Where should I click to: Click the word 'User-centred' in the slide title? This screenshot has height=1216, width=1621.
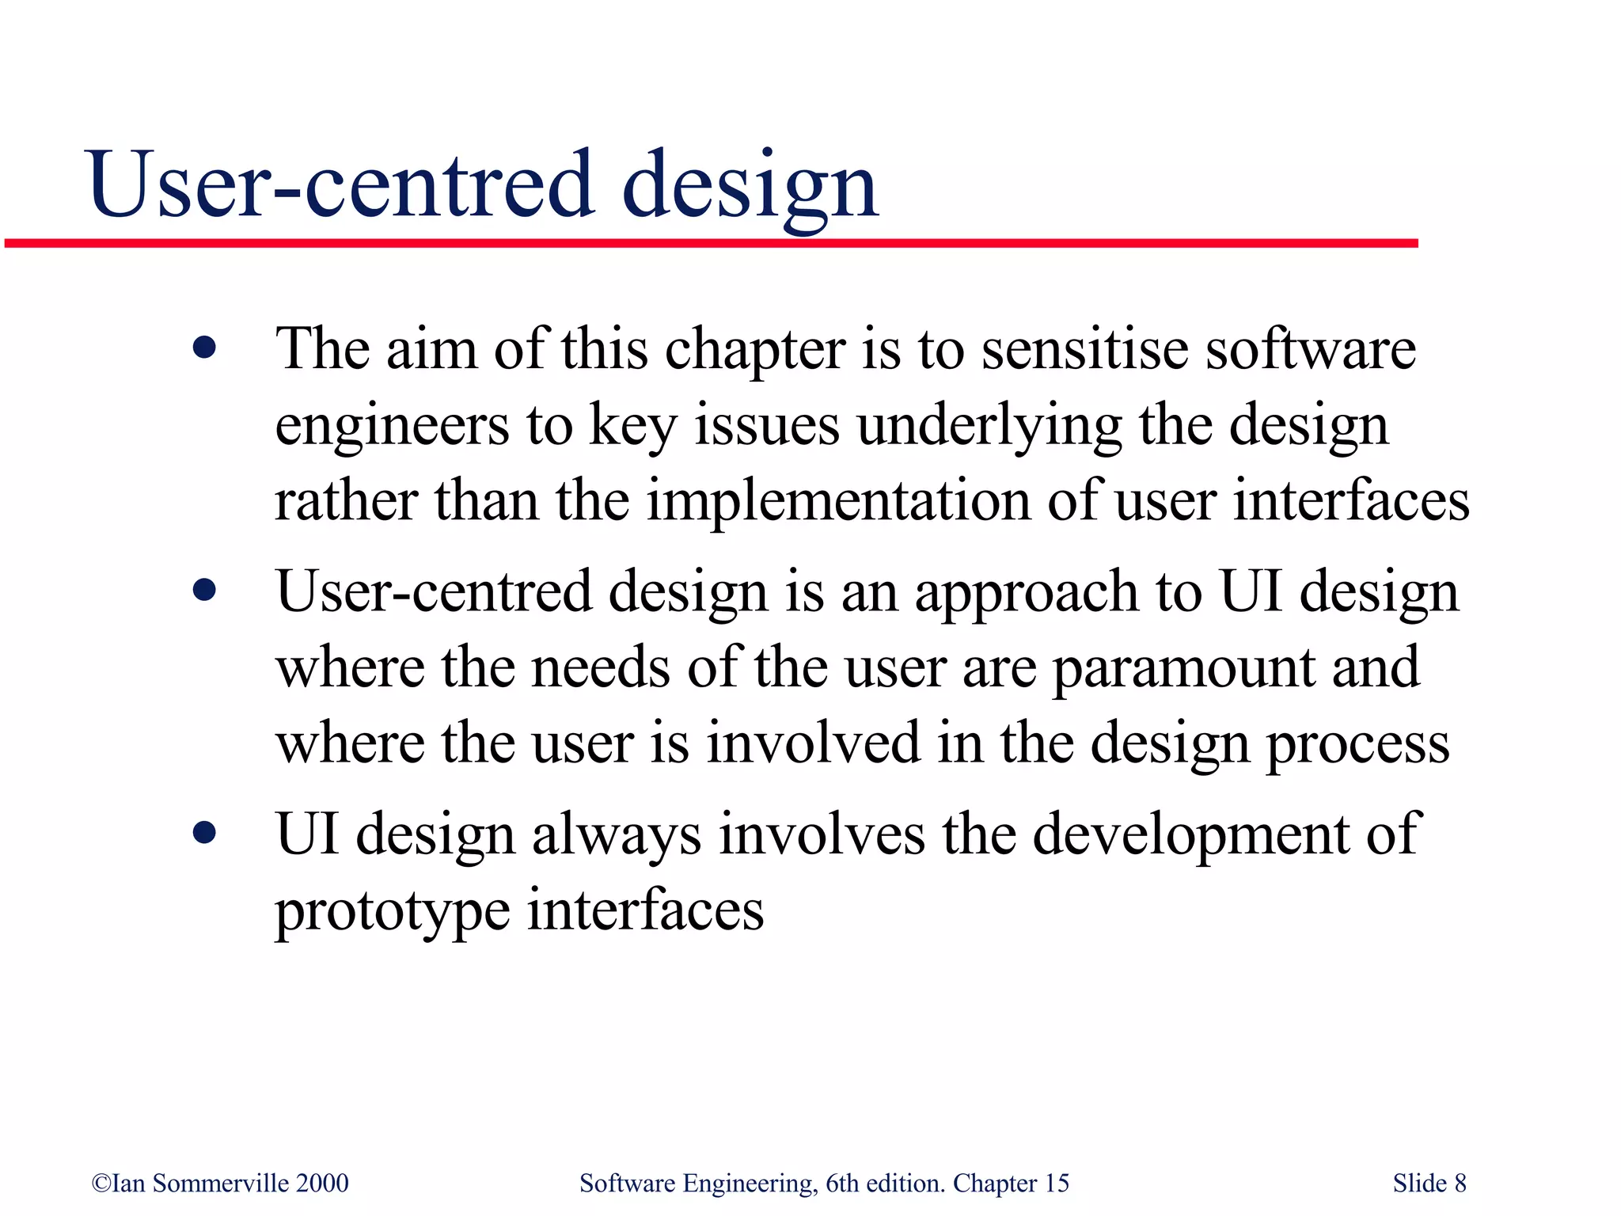[x=340, y=186]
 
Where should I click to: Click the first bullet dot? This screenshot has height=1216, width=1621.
[x=204, y=348]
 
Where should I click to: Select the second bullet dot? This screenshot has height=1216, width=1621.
[x=204, y=590]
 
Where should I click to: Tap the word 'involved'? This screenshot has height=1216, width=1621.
[x=814, y=743]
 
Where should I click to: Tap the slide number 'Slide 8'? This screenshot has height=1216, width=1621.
[x=1429, y=1183]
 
